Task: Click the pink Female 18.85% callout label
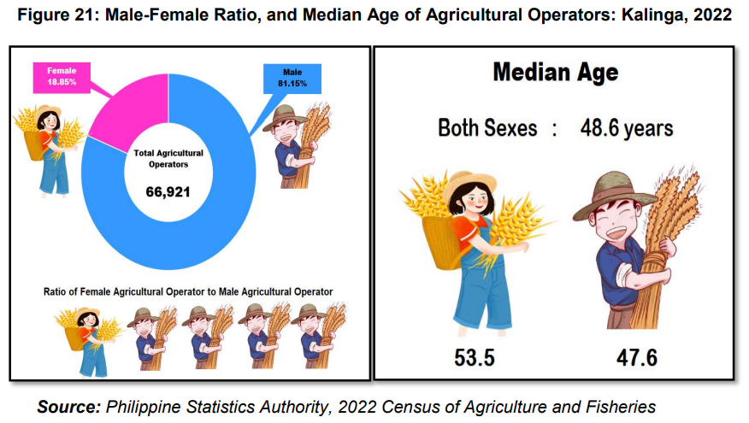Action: pos(62,78)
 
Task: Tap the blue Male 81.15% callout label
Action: pos(292,79)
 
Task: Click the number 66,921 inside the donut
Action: pos(168,192)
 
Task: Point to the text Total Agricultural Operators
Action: pos(168,158)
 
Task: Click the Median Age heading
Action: pos(556,73)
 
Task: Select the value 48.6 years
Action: pos(627,128)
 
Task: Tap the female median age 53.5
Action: pos(475,357)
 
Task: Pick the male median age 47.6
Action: pos(637,357)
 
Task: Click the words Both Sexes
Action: pos(487,128)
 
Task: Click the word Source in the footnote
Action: pos(69,407)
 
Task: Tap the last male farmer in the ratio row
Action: pos(319,337)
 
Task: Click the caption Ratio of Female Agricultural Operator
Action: pos(188,291)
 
